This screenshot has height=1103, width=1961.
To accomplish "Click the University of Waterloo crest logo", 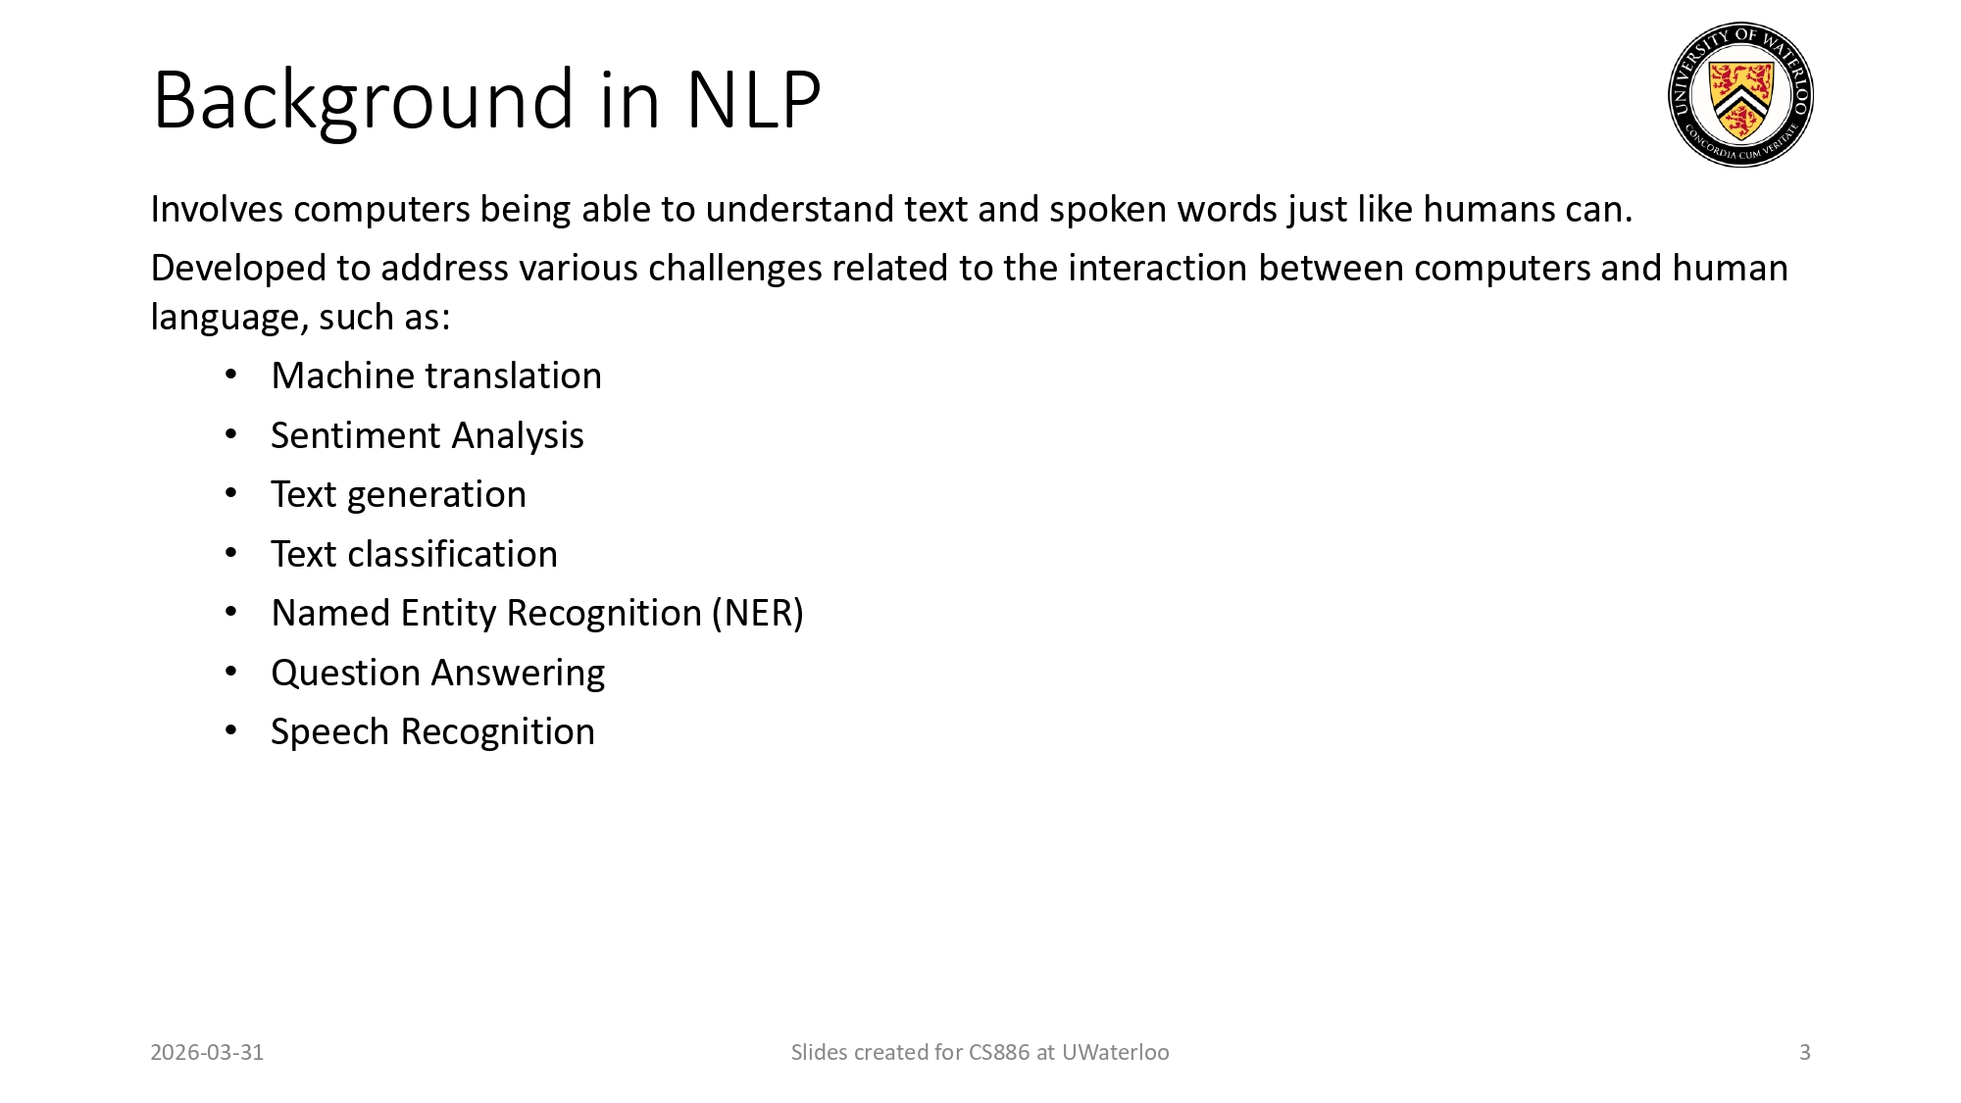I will [1740, 94].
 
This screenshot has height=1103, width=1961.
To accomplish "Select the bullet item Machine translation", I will [435, 376].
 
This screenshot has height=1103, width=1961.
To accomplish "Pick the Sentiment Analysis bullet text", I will [427, 435].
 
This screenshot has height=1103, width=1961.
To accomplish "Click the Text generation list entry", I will [398, 495].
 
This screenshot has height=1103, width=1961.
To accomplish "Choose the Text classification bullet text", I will [414, 554].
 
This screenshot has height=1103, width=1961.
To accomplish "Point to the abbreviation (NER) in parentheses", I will [757, 614].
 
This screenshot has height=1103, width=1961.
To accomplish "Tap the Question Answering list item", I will [437, 673].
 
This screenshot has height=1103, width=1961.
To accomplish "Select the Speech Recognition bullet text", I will [432, 732].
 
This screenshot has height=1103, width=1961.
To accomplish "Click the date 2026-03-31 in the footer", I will [207, 1053].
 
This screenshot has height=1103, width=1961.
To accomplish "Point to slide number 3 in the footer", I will [1804, 1053].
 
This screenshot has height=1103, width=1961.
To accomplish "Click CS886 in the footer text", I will [999, 1053].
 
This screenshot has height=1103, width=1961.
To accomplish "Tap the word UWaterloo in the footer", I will [1115, 1053].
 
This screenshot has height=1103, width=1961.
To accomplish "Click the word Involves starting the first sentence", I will [216, 210].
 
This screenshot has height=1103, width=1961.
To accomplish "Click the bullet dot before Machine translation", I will [231, 376].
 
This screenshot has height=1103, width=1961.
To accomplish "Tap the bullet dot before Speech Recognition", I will [231, 731].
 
